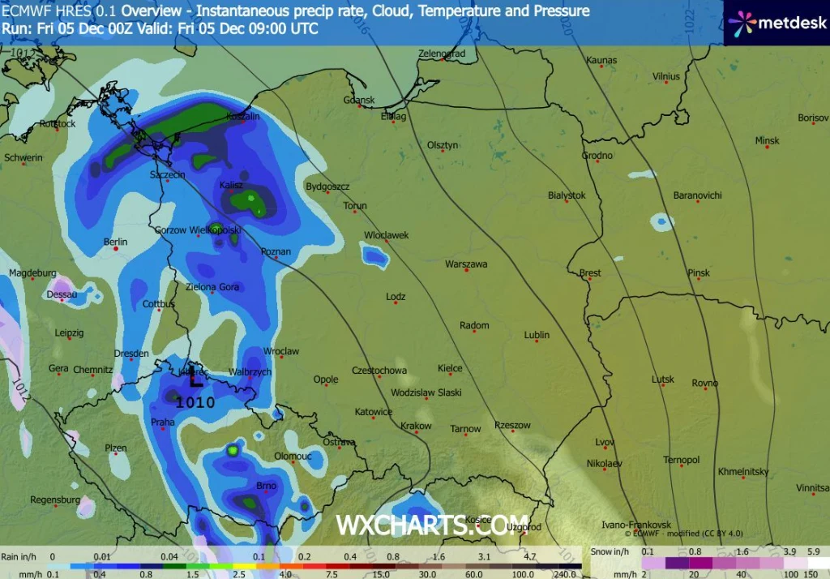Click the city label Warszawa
466,264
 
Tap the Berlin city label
116,242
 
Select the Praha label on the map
163,422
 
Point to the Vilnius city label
665,77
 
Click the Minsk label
767,141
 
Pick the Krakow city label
416,427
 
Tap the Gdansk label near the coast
359,101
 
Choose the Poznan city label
276,252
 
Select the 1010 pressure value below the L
195,401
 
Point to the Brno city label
266,486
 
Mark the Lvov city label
605,442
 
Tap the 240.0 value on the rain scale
565,574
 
